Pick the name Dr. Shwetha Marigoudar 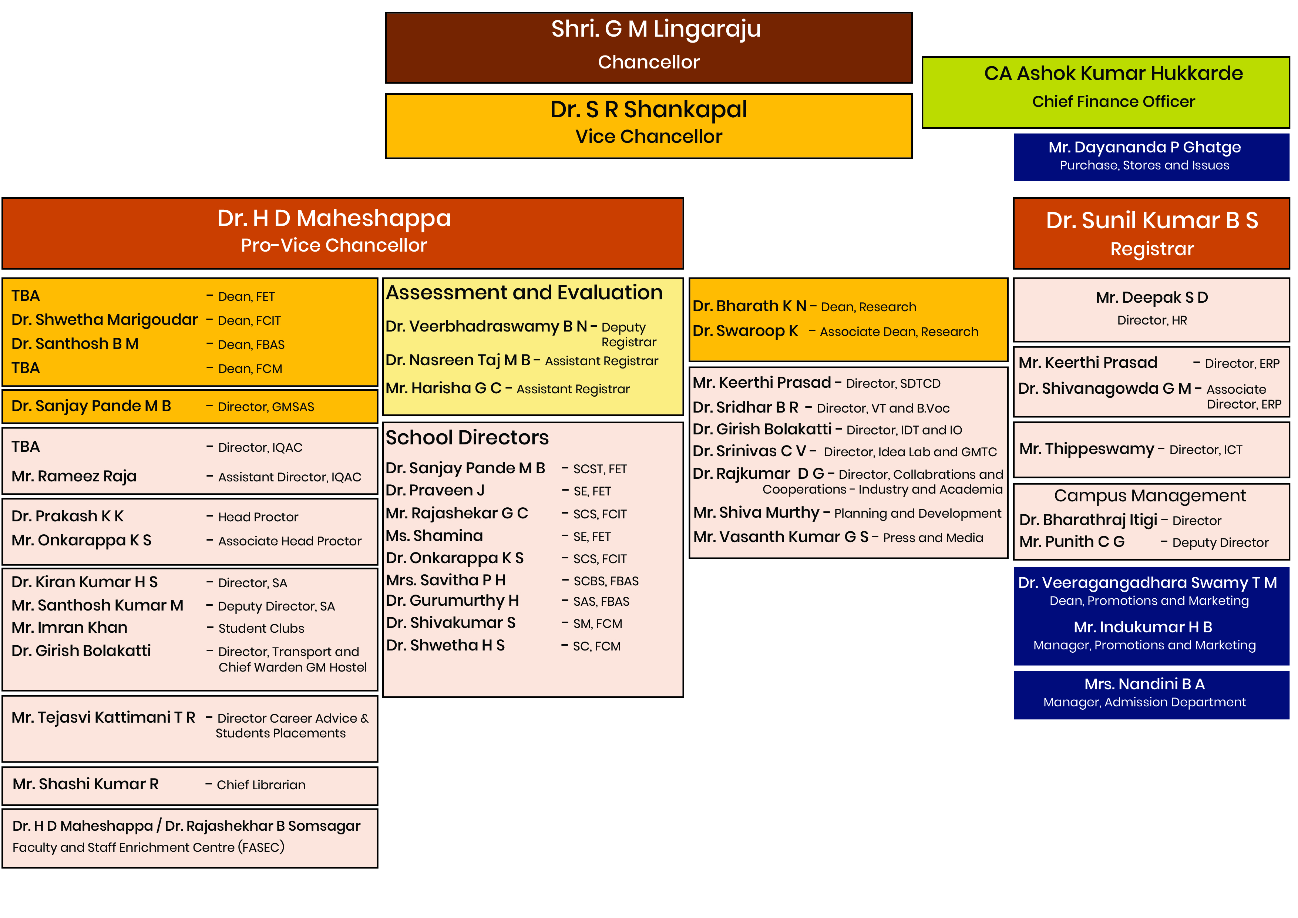(105, 320)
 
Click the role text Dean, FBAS (251, 345)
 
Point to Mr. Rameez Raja (74, 477)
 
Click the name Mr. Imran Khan (70, 628)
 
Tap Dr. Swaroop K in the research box (745, 331)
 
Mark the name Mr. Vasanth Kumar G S (781, 537)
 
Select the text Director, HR (1151, 320)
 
